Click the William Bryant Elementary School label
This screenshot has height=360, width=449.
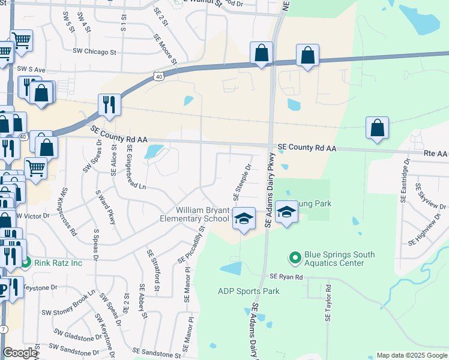(202, 214)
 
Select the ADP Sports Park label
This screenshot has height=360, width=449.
(249, 292)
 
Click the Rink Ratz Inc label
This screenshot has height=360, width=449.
(58, 262)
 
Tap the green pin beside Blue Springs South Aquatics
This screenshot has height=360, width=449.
(295, 259)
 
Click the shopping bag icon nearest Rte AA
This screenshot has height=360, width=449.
(377, 128)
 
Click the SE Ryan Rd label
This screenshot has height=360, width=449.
(286, 277)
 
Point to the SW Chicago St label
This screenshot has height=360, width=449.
(94, 52)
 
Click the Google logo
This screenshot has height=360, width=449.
(20, 353)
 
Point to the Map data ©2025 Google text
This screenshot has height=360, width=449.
(411, 355)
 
